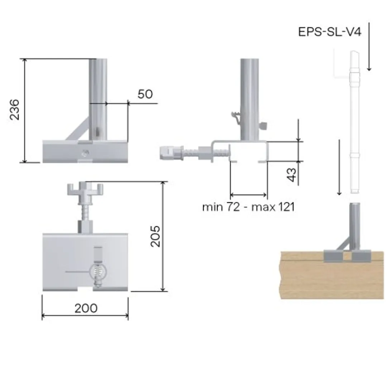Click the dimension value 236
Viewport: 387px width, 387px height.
15,109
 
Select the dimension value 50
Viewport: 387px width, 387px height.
145,94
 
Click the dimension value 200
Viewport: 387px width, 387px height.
86,308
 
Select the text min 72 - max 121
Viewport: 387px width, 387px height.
248,207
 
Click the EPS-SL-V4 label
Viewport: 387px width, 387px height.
330,32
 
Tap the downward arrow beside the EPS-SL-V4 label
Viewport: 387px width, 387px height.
369,47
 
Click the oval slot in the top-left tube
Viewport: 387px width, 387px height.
97,131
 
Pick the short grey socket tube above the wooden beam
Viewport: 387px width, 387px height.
354,226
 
